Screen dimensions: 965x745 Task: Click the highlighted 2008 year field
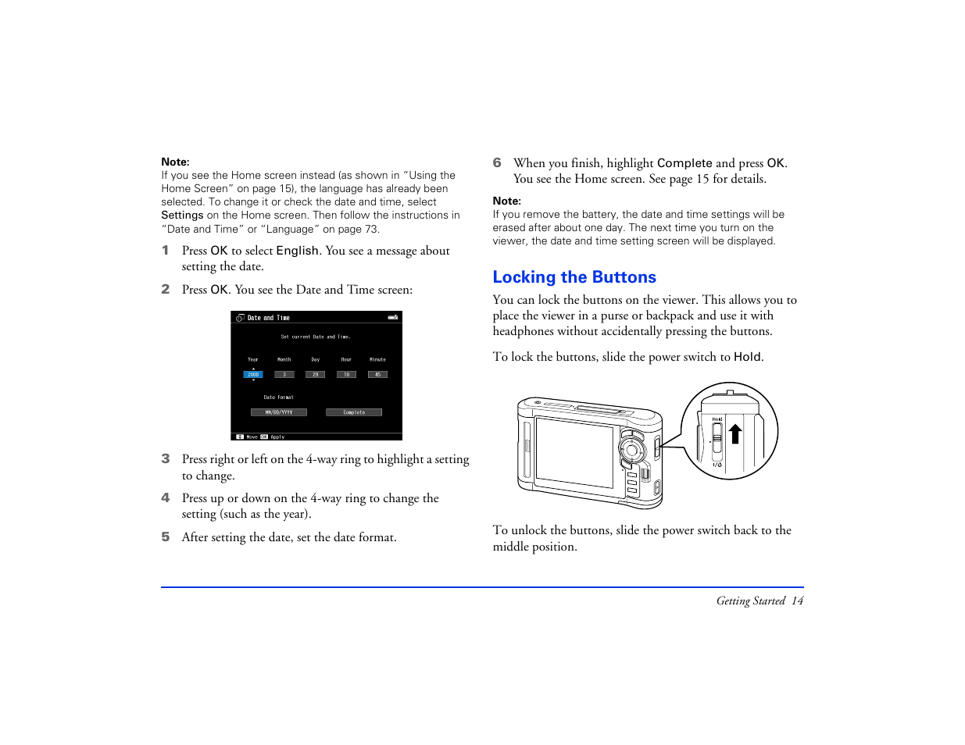point(253,375)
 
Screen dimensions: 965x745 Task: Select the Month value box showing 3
point(284,375)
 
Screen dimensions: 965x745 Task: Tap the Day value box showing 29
point(316,375)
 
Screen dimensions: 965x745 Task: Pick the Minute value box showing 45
point(377,375)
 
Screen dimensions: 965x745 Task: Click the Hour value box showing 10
point(346,375)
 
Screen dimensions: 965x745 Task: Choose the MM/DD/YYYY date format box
point(279,412)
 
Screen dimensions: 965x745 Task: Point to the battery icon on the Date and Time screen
point(393,318)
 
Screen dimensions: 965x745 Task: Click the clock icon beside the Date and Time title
point(240,318)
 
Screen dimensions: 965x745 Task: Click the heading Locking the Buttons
point(574,277)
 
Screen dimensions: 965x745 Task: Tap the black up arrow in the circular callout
point(735,433)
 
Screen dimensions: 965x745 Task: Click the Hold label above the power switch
point(717,419)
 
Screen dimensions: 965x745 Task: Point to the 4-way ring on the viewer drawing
point(631,450)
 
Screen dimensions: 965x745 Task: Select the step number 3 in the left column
point(166,459)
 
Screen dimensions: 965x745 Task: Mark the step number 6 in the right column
point(497,162)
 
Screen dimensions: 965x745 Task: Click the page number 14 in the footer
point(797,601)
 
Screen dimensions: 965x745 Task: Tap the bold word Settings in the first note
point(182,216)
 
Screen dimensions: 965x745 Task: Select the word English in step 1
point(297,251)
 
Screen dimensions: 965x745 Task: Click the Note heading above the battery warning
point(506,201)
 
